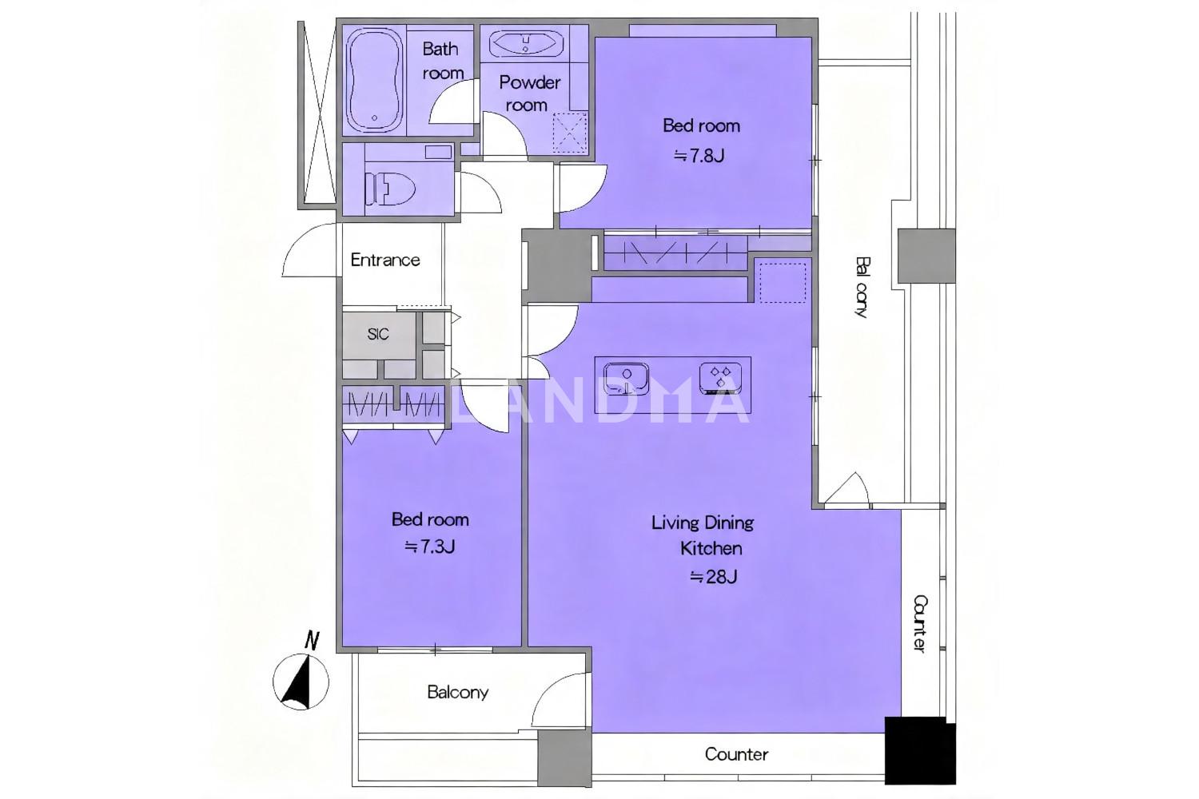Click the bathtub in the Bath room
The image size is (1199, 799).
[x=374, y=79]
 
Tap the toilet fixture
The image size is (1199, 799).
[x=390, y=188]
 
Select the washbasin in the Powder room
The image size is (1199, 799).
[x=526, y=43]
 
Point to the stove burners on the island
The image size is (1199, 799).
[x=720, y=376]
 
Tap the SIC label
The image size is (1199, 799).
[x=378, y=335]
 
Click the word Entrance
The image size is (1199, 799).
[x=384, y=260]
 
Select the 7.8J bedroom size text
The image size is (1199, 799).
[x=699, y=156]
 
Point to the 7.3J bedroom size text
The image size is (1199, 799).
[x=429, y=547]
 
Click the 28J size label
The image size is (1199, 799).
[x=714, y=577]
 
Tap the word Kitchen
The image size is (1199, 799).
[x=711, y=549]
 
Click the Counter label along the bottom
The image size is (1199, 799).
[x=736, y=754]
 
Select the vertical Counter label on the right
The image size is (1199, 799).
[x=919, y=623]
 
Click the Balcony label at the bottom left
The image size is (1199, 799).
[x=458, y=693]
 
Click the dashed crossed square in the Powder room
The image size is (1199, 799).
[x=569, y=133]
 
